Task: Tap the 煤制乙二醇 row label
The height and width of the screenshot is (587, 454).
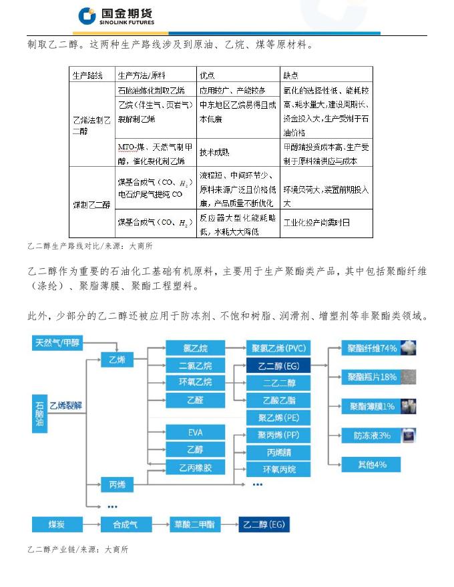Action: coord(91,204)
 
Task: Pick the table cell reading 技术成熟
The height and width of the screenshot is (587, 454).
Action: coord(214,152)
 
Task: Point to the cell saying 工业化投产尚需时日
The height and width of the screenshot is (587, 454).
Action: coord(317,222)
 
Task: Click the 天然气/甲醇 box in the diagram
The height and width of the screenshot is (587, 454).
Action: coord(57,343)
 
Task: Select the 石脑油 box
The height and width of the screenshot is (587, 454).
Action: coord(39,414)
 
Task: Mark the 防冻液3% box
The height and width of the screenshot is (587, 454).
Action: coord(373,436)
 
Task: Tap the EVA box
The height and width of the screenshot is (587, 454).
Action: coord(195,433)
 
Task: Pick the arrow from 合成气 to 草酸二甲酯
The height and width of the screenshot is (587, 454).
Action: coord(155,525)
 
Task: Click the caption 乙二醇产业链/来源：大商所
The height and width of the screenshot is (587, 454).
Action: coord(77,550)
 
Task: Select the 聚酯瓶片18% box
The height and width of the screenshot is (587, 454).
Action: coord(373,377)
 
